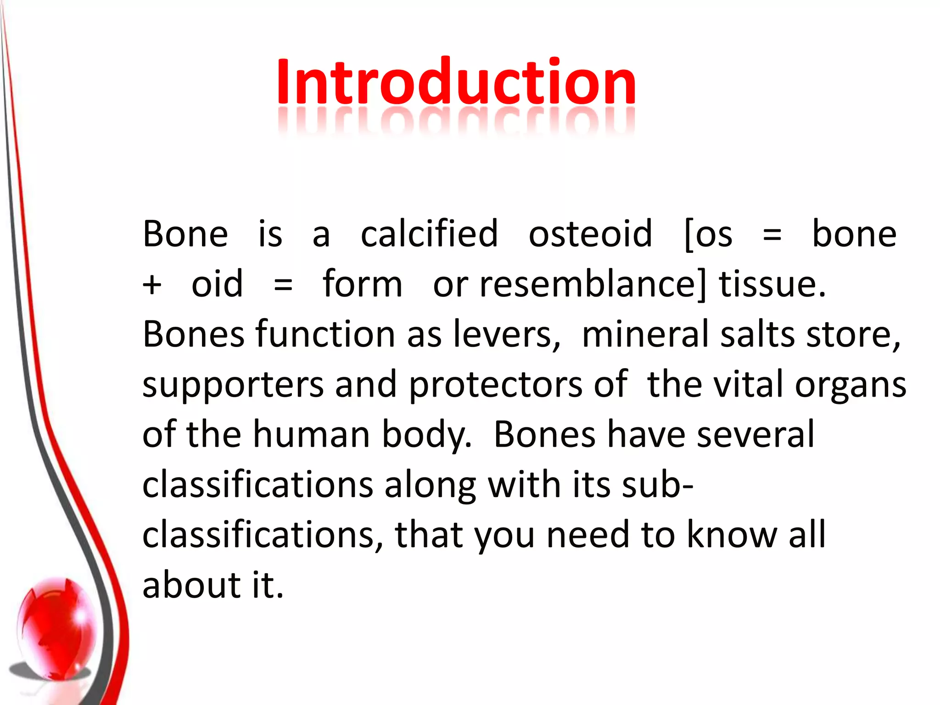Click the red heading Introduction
(456, 83)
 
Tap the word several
(755, 434)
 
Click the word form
(363, 284)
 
